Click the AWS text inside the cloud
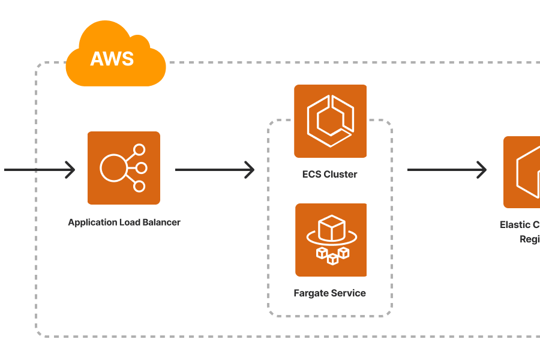112,59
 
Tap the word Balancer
161,223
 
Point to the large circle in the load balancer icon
113,168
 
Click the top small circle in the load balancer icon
139,150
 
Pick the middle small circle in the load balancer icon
141,168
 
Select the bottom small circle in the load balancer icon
139,186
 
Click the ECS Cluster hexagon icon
330,121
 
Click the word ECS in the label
311,175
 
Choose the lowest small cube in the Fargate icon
332,259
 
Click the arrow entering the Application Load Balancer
40,170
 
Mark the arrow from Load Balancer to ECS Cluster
215,170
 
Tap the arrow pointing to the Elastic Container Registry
447,170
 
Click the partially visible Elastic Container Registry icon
522,172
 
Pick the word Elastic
515,225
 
